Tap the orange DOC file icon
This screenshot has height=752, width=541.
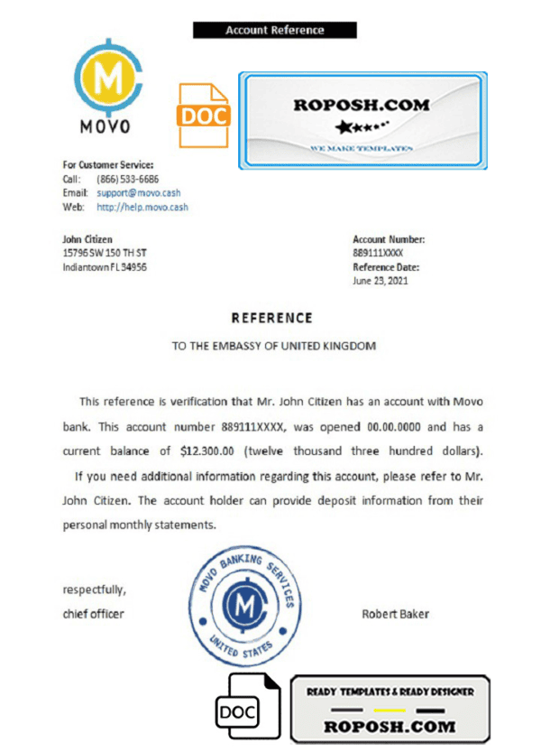click(205, 115)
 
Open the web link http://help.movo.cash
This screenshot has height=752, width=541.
click(142, 207)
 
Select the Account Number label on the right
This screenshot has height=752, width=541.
click(389, 239)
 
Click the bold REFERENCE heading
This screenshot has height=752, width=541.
click(271, 318)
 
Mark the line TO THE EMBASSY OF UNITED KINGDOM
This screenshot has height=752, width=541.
click(273, 346)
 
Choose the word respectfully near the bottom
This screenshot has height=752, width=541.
click(94, 590)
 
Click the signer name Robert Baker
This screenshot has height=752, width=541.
click(395, 614)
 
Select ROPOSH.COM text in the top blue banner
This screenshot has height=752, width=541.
click(362, 105)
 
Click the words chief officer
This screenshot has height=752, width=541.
click(93, 614)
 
